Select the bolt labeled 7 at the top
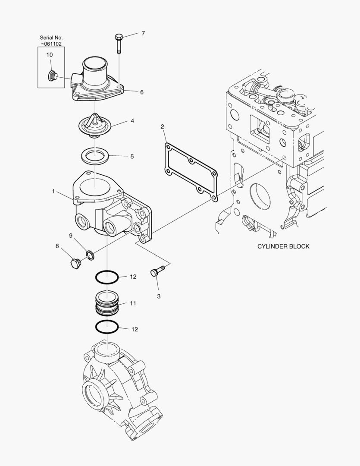click(119, 43)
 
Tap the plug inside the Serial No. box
click(53, 76)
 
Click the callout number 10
click(50, 55)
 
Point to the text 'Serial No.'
click(51, 38)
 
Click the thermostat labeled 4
click(95, 126)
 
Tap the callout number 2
click(162, 126)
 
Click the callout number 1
click(53, 191)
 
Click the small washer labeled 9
click(90, 255)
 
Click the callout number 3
click(159, 296)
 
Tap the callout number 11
click(133, 303)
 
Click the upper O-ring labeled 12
click(106, 277)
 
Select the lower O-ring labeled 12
click(106, 327)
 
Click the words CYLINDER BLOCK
click(283, 246)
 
